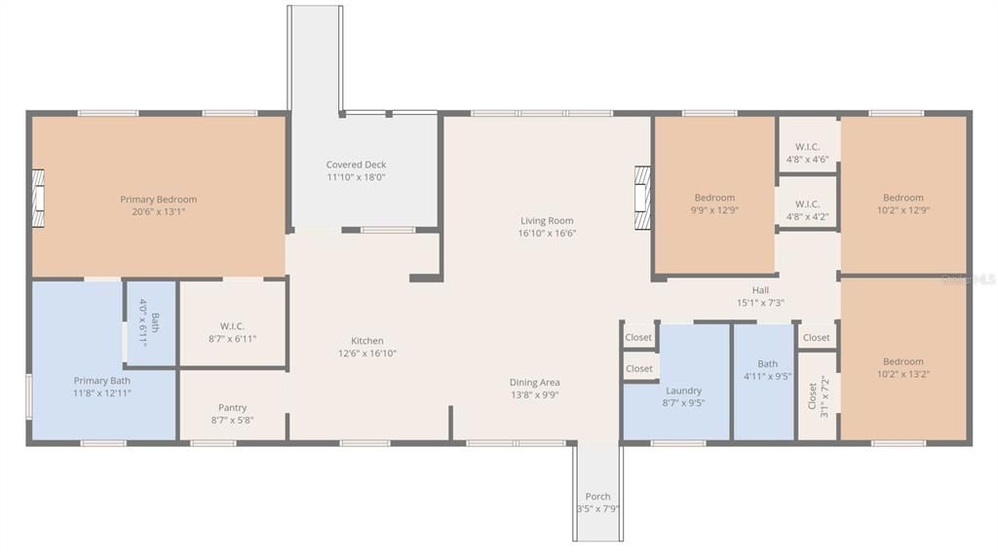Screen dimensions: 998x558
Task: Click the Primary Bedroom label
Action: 159,200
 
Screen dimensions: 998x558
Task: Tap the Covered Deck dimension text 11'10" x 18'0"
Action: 356,177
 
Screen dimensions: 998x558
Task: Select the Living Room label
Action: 547,221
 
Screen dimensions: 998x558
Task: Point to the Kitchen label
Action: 367,341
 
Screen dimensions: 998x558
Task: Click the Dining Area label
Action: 535,383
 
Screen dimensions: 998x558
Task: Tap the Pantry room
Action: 232,405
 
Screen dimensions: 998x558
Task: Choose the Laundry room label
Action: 683,391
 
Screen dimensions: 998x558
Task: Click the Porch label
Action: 597,497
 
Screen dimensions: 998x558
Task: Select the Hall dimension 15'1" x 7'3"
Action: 760,303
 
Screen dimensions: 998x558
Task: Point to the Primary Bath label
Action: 101,381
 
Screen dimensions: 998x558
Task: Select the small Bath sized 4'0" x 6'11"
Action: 150,323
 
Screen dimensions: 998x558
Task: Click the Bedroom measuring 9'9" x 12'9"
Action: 714,196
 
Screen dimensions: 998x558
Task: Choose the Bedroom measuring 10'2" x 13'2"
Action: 903,359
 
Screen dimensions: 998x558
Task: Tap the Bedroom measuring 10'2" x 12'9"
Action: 903,196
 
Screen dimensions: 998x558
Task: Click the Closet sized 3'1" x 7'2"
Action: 818,395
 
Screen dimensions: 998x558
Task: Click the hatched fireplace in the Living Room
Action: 643,198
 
